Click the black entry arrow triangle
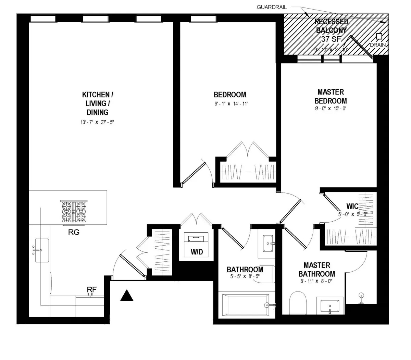click(127, 296)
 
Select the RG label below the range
click(74, 233)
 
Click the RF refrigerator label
click(91, 290)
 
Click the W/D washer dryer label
click(197, 252)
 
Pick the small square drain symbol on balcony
click(379, 36)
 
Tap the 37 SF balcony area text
click(331, 39)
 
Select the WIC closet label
click(352, 206)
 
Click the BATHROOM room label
click(245, 270)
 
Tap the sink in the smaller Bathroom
click(266, 243)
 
